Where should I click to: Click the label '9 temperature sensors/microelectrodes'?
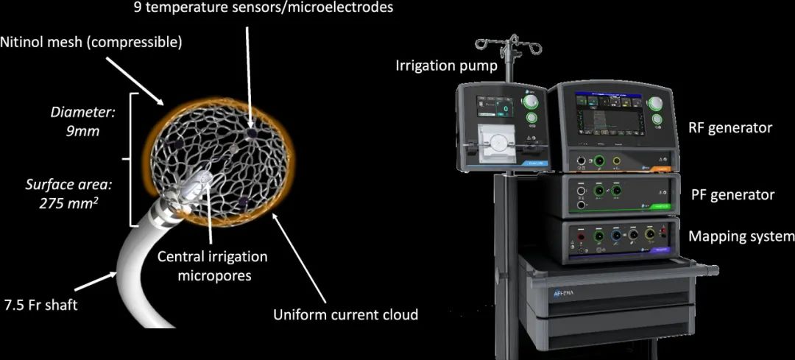click(x=264, y=8)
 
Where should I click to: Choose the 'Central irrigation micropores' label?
click(x=213, y=266)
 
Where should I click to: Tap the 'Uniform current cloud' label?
click(x=345, y=315)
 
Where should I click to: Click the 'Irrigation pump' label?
click(x=446, y=66)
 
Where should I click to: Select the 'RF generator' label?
click(x=730, y=128)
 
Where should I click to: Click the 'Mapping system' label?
click(x=741, y=236)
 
